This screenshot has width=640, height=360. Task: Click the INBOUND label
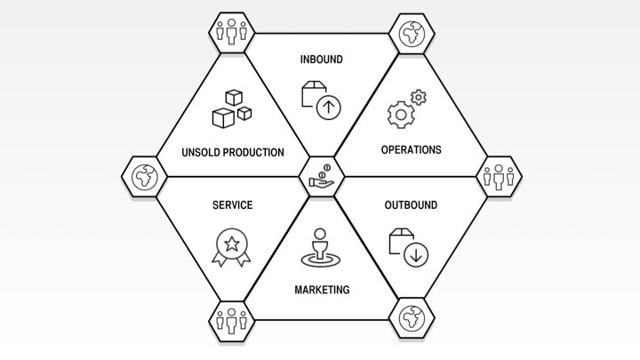[321, 60]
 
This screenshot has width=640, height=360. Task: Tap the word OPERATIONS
[411, 149]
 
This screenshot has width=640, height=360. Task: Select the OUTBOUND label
[411, 205]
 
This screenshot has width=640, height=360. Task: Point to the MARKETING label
[322, 290]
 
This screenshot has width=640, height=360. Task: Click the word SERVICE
[232, 205]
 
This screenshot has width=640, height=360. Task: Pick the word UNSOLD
[200, 152]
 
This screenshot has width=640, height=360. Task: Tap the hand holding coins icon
[321, 177]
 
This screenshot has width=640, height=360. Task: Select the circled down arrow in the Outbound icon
[415, 255]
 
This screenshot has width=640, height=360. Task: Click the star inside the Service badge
[232, 243]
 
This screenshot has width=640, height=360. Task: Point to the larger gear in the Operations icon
[401, 113]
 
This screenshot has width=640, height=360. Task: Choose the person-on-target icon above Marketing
[320, 248]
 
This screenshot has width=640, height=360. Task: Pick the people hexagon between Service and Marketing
[231, 317]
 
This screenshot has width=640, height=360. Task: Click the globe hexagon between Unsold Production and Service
[143, 177]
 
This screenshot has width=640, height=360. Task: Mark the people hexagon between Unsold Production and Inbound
[231, 33]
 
